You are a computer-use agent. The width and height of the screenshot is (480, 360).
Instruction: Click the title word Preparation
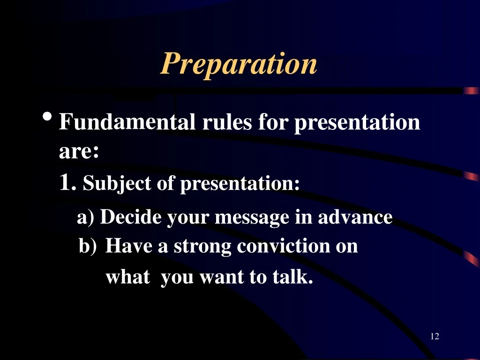pyautogui.click(x=239, y=64)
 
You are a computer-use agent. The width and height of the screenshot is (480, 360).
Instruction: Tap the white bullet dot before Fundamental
pyautogui.click(x=47, y=117)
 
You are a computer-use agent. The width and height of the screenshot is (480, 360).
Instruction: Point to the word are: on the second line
pyautogui.click(x=79, y=151)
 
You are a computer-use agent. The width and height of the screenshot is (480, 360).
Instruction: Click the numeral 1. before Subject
pyautogui.click(x=67, y=182)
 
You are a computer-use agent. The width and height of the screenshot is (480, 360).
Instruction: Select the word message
pyautogui.click(x=252, y=218)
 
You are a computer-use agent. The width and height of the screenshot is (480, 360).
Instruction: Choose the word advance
pyautogui.click(x=355, y=217)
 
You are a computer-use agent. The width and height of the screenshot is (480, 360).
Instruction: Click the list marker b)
pyautogui.click(x=88, y=246)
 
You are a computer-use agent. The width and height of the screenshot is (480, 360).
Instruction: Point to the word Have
pyautogui.click(x=128, y=246)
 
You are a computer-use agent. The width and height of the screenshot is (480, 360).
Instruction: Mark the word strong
pyautogui.click(x=202, y=247)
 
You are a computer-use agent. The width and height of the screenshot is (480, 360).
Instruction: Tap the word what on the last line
pyautogui.click(x=128, y=277)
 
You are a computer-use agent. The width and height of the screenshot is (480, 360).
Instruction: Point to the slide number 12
pyautogui.click(x=435, y=337)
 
